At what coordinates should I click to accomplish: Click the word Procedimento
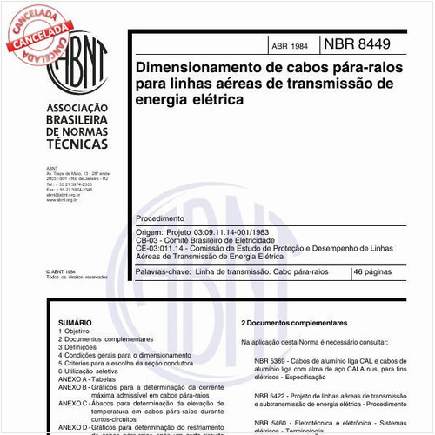tap(159, 218)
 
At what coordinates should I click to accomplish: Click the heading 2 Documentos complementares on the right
tap(292, 323)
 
